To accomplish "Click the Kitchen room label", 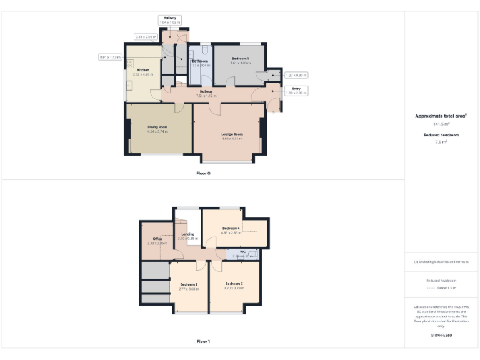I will click(143, 69).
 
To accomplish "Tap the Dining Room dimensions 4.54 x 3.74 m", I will click(158, 131).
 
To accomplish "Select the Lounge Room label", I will click(231, 134).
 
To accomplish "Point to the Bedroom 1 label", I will click(240, 59).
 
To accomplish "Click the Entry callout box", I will click(296, 91).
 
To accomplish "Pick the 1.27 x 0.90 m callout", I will click(296, 75).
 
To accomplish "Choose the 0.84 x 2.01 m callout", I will click(146, 37).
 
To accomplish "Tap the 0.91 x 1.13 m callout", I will click(111, 57).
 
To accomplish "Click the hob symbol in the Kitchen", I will click(130, 63).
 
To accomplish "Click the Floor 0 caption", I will click(203, 173).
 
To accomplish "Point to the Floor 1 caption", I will click(203, 342).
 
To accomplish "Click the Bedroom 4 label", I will click(231, 228).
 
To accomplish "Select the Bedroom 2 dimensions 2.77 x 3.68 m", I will click(188, 289).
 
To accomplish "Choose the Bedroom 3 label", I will click(234, 284).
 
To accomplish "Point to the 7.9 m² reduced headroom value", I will click(441, 142).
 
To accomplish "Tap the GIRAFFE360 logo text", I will click(441, 336).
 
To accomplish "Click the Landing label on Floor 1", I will click(187, 234).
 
